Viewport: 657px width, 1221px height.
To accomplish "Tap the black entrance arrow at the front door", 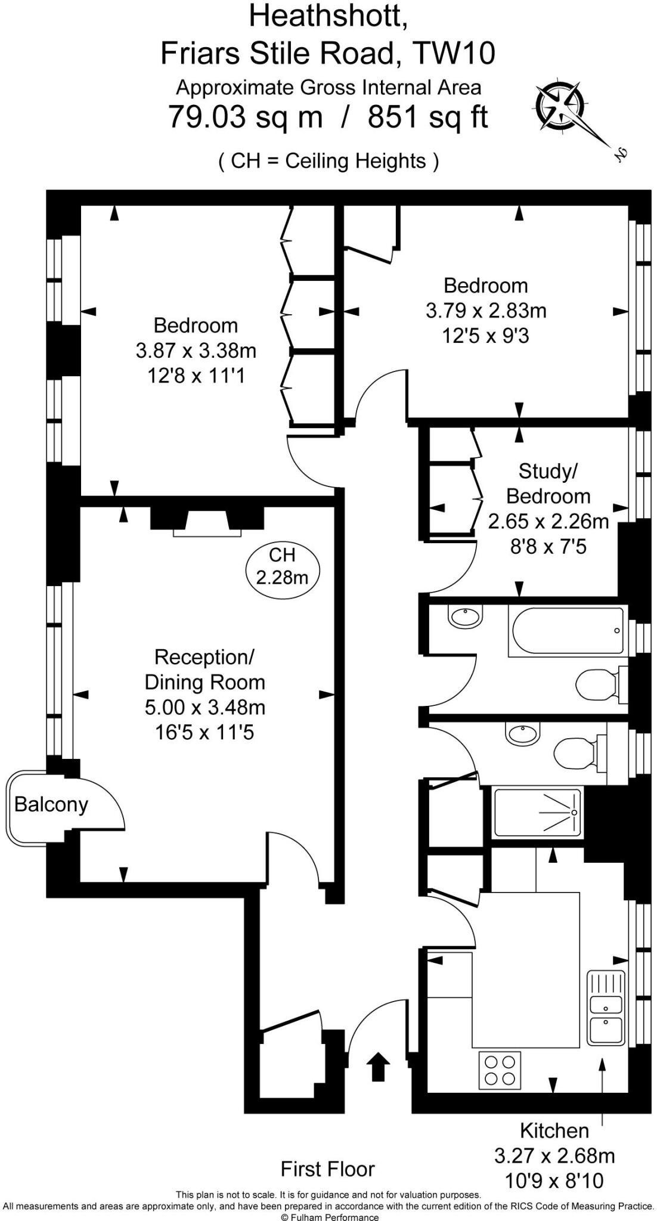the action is [377, 1066].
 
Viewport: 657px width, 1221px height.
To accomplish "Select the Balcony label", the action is [51, 805].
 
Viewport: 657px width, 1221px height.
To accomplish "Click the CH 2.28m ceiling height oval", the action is [283, 566].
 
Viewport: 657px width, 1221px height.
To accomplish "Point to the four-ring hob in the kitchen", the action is [500, 1070].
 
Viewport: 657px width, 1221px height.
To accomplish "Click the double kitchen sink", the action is [606, 1008].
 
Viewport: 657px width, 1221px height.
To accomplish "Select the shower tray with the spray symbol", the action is [538, 812].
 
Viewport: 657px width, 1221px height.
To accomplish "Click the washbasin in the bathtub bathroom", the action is [465, 616].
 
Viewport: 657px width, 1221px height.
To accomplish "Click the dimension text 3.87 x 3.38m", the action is [196, 351].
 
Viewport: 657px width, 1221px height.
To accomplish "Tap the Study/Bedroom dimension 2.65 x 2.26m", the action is [548, 522].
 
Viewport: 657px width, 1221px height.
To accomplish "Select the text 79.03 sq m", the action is [245, 116].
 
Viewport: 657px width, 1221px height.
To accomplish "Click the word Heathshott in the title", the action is [328, 16].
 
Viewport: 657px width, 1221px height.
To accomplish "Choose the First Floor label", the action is [328, 1169].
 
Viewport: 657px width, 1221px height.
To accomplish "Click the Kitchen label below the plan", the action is [554, 1130].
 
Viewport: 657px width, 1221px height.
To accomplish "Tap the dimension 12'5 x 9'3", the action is [485, 336].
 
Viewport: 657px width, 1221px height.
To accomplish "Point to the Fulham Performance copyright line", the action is [328, 1216].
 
